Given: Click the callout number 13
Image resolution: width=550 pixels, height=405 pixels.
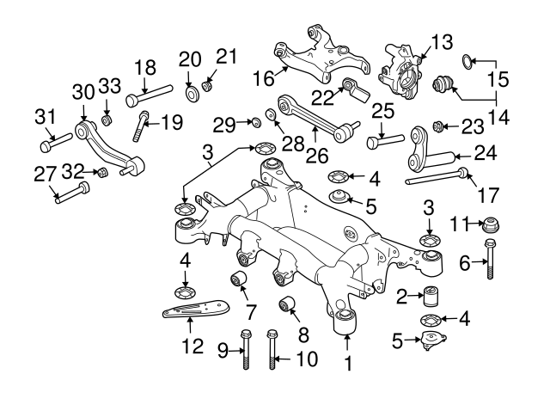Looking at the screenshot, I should (x=441, y=41).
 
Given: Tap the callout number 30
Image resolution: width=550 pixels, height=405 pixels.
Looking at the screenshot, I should (x=82, y=91).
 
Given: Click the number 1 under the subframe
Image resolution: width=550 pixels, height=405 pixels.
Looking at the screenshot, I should (x=348, y=363).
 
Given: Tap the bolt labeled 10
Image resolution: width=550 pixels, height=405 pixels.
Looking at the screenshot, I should (x=273, y=353).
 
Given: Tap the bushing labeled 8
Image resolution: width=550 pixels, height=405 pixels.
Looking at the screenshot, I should (x=288, y=302).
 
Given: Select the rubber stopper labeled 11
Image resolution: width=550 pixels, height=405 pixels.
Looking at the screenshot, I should (x=491, y=226).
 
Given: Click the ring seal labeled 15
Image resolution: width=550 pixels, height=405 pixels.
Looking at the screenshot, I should (x=465, y=60).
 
